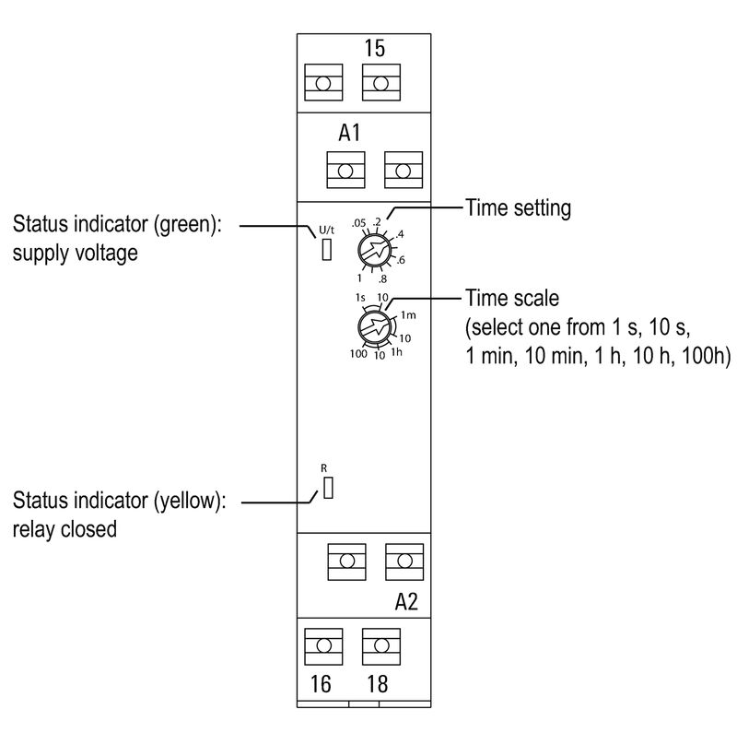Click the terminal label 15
[375, 47]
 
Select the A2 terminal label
[406, 602]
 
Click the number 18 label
[378, 685]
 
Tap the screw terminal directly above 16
[323, 645]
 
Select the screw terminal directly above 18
[380, 645]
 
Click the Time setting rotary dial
[373, 249]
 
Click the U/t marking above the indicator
[326, 230]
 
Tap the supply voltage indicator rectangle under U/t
[326, 250]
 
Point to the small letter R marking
[323, 468]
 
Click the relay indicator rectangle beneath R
[326, 489]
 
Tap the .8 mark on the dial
[381, 278]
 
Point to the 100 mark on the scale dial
[358, 354]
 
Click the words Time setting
[519, 208]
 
